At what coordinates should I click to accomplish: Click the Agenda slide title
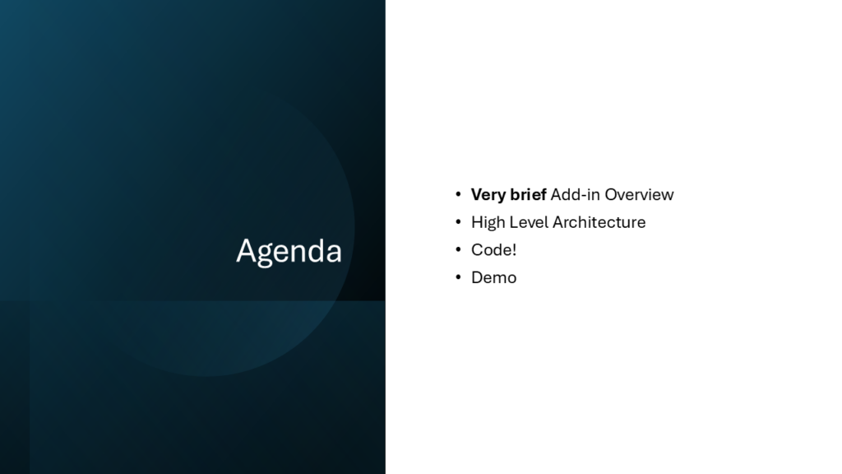pos(289,252)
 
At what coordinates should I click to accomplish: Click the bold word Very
pos(488,194)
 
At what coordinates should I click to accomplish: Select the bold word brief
pos(528,194)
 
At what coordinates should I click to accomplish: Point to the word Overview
pos(639,194)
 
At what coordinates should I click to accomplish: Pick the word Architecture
pos(599,222)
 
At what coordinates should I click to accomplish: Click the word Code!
pos(493,250)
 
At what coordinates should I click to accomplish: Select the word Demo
pos(493,277)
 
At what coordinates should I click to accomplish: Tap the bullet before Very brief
pos(458,194)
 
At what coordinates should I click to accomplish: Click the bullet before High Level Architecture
pos(458,221)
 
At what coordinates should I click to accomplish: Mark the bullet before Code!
pos(458,249)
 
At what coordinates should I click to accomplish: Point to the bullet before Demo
pos(458,276)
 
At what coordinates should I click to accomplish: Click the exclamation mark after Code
pos(514,250)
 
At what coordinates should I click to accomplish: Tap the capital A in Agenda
pos(245,250)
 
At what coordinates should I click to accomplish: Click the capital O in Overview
pos(612,194)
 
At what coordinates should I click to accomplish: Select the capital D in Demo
pos(477,277)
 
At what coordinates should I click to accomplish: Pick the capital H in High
pos(477,222)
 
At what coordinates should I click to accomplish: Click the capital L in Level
pos(514,222)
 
